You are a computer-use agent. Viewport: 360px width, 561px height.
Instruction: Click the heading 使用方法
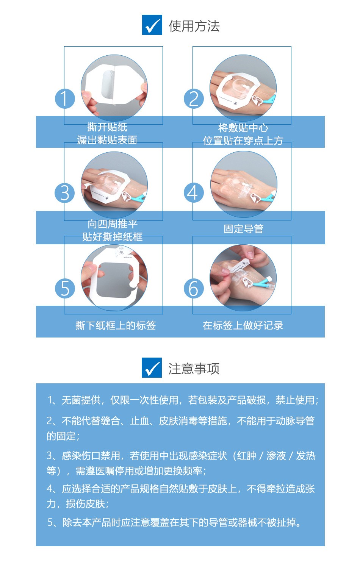coord(194,25)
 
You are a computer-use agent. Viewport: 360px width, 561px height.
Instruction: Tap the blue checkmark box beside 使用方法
coord(152,25)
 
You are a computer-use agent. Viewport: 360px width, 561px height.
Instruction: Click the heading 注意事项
coord(194,369)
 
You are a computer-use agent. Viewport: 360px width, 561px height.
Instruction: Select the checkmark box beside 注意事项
coord(152,367)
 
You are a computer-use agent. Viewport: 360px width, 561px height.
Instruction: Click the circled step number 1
coord(65,98)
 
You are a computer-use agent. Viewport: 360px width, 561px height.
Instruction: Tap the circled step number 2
coord(194,98)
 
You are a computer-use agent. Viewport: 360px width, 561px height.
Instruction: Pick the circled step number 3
coord(65,193)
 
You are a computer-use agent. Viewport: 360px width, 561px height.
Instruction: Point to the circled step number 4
coord(194,192)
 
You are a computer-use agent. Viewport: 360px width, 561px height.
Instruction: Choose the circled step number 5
coord(65,288)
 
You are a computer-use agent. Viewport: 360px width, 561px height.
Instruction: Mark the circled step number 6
coord(194,288)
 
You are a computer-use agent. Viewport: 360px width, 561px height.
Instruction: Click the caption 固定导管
coord(244,229)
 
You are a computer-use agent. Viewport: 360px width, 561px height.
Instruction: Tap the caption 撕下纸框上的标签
coord(116,325)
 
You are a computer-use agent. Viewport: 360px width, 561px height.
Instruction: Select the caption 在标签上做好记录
coord(243,325)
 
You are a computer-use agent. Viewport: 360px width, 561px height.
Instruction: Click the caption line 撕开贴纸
coord(107,127)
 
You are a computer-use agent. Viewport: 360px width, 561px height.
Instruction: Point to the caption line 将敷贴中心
coord(243,128)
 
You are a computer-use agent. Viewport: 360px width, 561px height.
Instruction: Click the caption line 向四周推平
coord(113,224)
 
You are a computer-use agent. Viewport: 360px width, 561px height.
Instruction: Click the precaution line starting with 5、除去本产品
coord(174,522)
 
